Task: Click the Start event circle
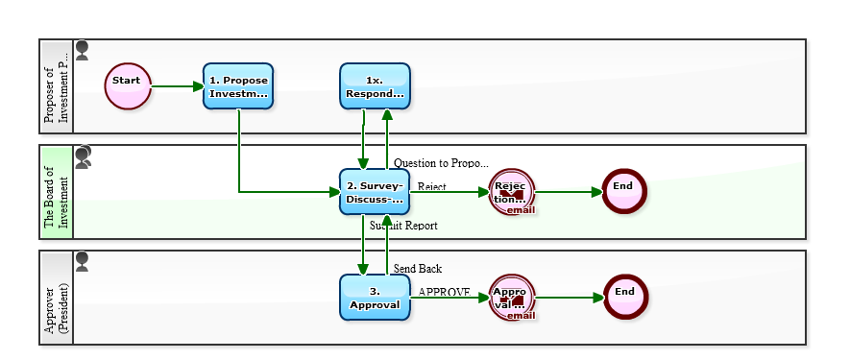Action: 128,86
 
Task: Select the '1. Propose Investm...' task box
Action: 238,86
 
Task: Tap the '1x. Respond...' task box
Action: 375,86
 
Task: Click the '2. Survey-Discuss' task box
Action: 375,191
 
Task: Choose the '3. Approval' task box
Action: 375,297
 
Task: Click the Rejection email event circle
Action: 511,191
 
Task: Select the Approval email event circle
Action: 511,297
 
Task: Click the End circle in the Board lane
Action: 624,191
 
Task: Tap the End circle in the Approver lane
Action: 624,297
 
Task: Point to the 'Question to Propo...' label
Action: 441,163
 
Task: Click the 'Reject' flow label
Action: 431,186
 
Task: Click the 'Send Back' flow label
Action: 417,269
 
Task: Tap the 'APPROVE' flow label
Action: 444,292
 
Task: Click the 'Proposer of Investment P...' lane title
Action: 57,86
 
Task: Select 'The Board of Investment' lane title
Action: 57,192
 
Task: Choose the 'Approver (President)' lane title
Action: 57,298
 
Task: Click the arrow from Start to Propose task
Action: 178,86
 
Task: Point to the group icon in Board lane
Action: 84,156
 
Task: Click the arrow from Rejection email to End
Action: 569,191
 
